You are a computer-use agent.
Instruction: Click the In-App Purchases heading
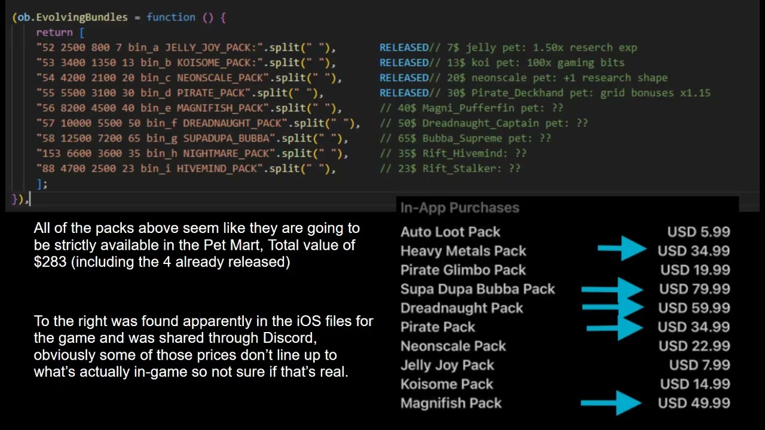(460, 207)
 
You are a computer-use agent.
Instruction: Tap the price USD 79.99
(694, 289)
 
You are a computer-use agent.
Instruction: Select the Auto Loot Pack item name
(450, 232)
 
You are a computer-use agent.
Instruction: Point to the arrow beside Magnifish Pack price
(611, 403)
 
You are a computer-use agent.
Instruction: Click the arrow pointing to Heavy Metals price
(622, 248)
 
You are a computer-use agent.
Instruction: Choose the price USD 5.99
(699, 232)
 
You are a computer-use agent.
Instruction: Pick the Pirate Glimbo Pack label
(463, 270)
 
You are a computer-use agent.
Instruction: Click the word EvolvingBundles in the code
(82, 17)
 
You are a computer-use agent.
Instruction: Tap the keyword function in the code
(171, 17)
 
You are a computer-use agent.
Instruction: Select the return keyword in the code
(54, 32)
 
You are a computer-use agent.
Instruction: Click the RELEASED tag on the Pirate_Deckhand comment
(403, 93)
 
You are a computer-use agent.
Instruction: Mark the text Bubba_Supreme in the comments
(462, 138)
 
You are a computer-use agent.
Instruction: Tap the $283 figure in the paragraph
(50, 262)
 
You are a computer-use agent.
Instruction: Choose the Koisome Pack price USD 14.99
(695, 384)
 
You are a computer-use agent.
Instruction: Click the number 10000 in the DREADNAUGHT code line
(76, 123)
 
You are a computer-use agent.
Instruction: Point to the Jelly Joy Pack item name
(447, 365)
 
